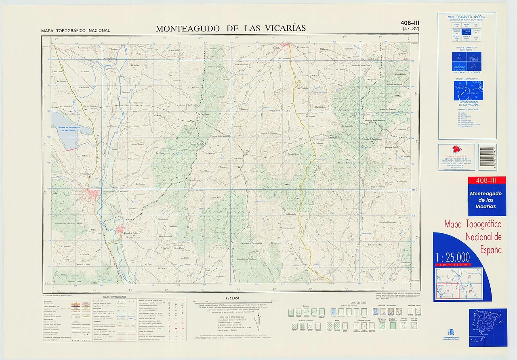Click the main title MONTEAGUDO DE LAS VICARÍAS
[x=231, y=28]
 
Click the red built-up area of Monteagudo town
[x=94, y=195]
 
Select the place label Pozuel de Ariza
[x=124, y=234]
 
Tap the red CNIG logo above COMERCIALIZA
[x=456, y=150]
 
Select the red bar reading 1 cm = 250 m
[x=454, y=264]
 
